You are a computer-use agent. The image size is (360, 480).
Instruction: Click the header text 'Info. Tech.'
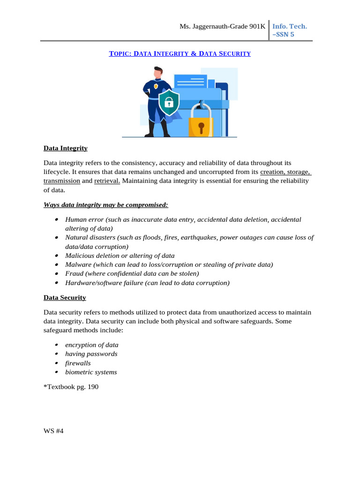(x=290, y=26)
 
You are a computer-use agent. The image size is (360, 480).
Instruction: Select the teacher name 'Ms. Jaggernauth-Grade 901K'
(x=222, y=27)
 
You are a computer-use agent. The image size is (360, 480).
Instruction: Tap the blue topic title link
(x=180, y=54)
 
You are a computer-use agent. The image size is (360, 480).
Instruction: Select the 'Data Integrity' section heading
(x=66, y=148)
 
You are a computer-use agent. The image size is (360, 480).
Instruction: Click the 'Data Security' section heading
(x=65, y=298)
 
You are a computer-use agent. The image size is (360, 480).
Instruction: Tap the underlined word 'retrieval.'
(x=107, y=181)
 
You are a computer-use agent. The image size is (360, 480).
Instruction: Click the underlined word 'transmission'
(x=62, y=181)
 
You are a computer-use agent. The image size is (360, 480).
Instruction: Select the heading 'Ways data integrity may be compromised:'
(x=105, y=205)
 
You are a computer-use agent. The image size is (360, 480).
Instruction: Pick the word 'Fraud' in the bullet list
(x=74, y=274)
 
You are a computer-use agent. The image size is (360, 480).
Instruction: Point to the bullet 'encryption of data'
(x=91, y=345)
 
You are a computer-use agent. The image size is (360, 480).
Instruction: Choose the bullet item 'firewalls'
(x=78, y=363)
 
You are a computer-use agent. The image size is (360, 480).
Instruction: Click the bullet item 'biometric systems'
(x=91, y=373)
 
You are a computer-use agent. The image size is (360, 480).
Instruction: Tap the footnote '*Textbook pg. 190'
(x=71, y=387)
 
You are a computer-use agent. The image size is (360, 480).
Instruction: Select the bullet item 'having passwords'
(x=91, y=354)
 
